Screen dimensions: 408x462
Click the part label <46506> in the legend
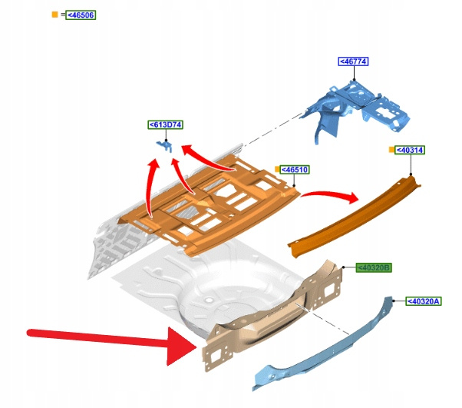[81, 15]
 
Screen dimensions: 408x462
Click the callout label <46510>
[295, 169]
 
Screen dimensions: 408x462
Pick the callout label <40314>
[410, 151]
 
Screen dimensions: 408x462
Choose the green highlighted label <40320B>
[374, 267]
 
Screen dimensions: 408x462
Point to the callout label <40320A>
[422, 301]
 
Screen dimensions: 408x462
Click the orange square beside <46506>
[54, 15]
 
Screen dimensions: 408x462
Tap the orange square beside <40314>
[391, 150]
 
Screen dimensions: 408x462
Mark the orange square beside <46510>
[277, 169]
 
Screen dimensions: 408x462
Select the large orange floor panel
[215, 204]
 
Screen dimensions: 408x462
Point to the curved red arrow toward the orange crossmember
[330, 197]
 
